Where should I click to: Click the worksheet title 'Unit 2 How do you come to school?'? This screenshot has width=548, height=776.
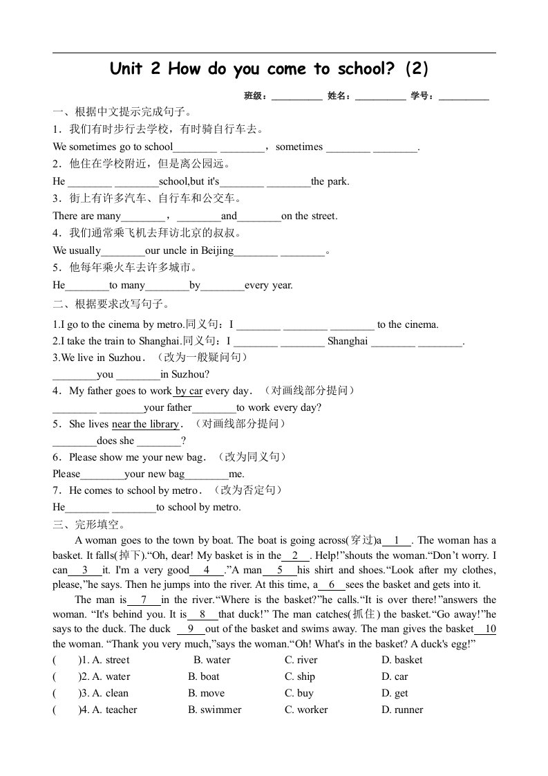coord(270,68)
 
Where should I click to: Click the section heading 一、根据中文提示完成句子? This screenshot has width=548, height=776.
coord(122,111)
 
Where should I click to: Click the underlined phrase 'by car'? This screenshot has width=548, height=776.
coord(188,391)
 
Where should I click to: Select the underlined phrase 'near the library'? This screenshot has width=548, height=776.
coord(145,425)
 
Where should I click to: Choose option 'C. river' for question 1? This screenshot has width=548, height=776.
coord(301,660)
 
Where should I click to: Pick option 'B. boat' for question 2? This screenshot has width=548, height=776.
coord(203,676)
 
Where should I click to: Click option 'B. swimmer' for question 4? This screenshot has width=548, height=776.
coord(214,710)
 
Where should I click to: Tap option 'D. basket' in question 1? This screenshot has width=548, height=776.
coord(401,660)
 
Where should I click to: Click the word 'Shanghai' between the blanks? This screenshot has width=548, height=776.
coord(348,342)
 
